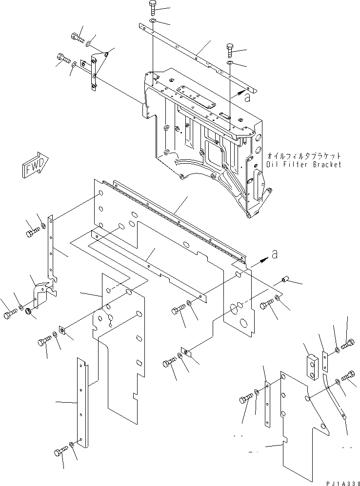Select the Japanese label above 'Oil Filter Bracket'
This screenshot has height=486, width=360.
303,156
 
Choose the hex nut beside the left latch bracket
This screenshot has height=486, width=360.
28,311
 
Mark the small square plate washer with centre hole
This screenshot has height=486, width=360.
63,331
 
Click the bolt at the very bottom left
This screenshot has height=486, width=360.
59,453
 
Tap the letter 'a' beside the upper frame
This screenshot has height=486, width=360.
247,97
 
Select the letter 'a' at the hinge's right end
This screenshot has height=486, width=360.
275,254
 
